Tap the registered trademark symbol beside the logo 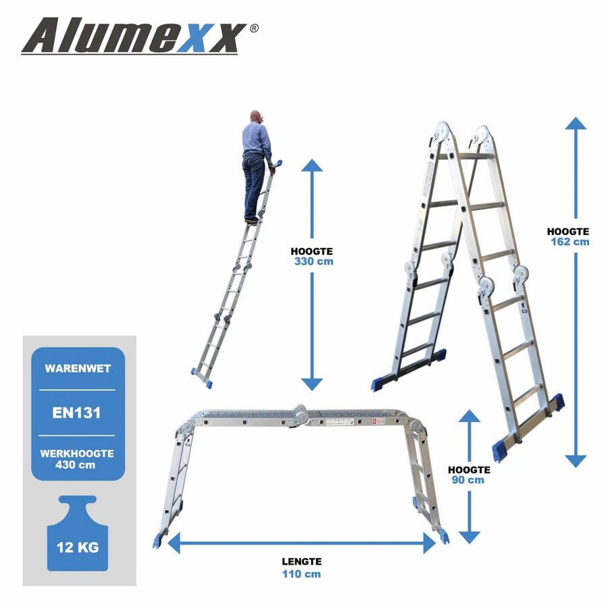pos(253,28)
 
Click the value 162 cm pos(569,241)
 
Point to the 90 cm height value pos(467,480)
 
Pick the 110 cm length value pos(301,574)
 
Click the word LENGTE pos(301,561)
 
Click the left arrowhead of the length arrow pos(174,542)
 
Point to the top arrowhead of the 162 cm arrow pos(576,124)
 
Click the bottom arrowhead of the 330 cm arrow pos(311,383)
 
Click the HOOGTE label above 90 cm pos(468,469)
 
